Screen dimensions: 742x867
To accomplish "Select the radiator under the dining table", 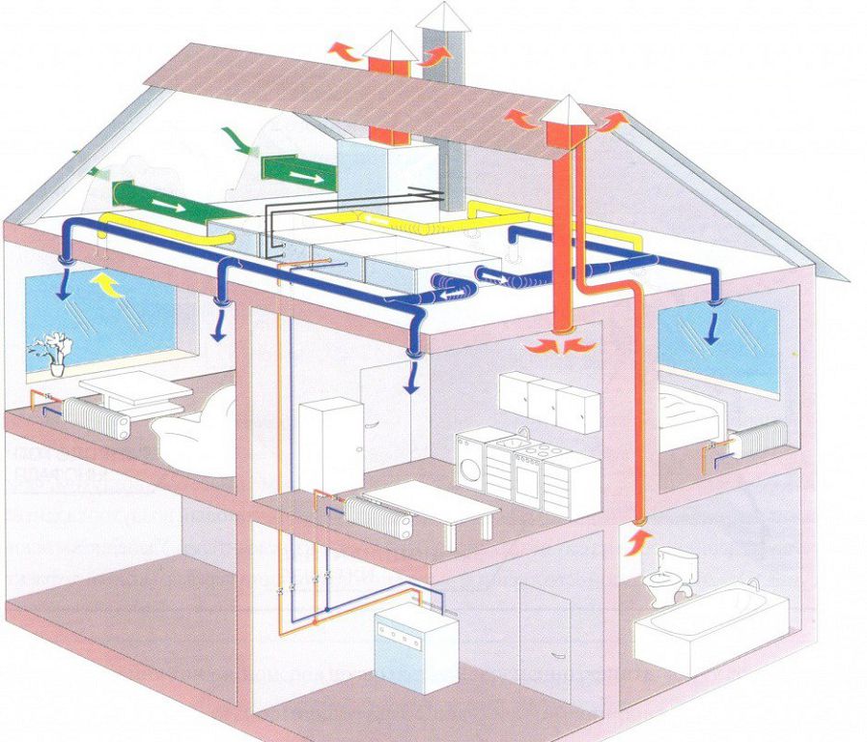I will click(379, 517).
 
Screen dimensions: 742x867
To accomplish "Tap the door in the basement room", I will click(543, 632).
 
